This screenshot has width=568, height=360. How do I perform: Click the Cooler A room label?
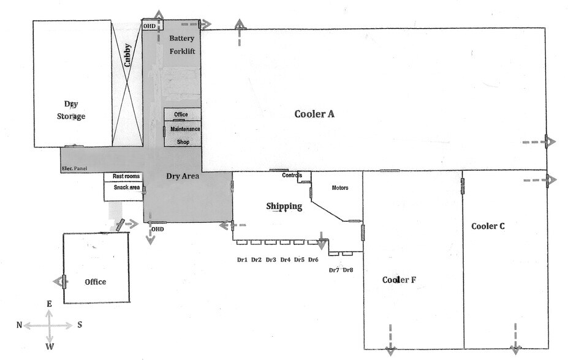click(x=314, y=114)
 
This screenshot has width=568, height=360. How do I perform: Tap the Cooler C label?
click(x=488, y=226)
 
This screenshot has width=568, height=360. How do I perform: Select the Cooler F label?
click(x=399, y=280)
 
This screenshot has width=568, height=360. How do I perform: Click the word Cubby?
click(x=127, y=54)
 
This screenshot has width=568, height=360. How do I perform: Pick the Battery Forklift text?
click(x=182, y=45)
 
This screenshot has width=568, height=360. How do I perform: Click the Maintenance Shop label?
click(x=184, y=135)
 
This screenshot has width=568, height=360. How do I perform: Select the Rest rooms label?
click(x=126, y=176)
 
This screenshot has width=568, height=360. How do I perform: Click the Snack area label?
click(x=127, y=187)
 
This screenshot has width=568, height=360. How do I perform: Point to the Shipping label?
click(x=284, y=206)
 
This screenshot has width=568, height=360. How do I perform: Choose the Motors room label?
click(x=339, y=187)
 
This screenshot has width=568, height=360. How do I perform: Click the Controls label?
click(x=292, y=175)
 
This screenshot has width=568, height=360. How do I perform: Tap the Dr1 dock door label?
click(x=242, y=260)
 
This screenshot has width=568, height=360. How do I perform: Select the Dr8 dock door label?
click(x=348, y=270)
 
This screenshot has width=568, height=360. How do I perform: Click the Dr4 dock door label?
click(x=285, y=260)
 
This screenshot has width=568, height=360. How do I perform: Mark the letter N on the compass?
click(x=20, y=325)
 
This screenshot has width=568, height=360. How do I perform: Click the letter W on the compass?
click(x=50, y=346)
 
